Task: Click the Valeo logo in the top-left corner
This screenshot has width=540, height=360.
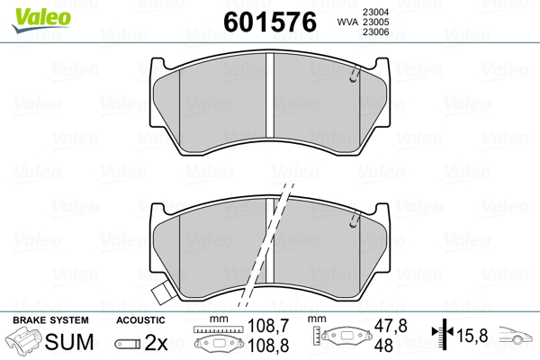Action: pyautogui.click(x=41, y=20)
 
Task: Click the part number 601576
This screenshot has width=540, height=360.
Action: pyautogui.click(x=270, y=22)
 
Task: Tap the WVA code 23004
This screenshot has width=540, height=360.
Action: pyautogui.click(x=375, y=12)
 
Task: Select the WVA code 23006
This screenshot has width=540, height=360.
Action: pyautogui.click(x=375, y=32)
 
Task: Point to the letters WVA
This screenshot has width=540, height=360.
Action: pyautogui.click(x=347, y=22)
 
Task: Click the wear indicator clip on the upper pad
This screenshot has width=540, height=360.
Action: pyautogui.click(x=355, y=74)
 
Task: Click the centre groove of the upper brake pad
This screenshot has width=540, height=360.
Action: pyautogui.click(x=270, y=95)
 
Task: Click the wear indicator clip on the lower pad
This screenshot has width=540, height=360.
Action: pyautogui.click(x=355, y=220)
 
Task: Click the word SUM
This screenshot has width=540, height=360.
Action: pyautogui.click(x=69, y=342)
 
